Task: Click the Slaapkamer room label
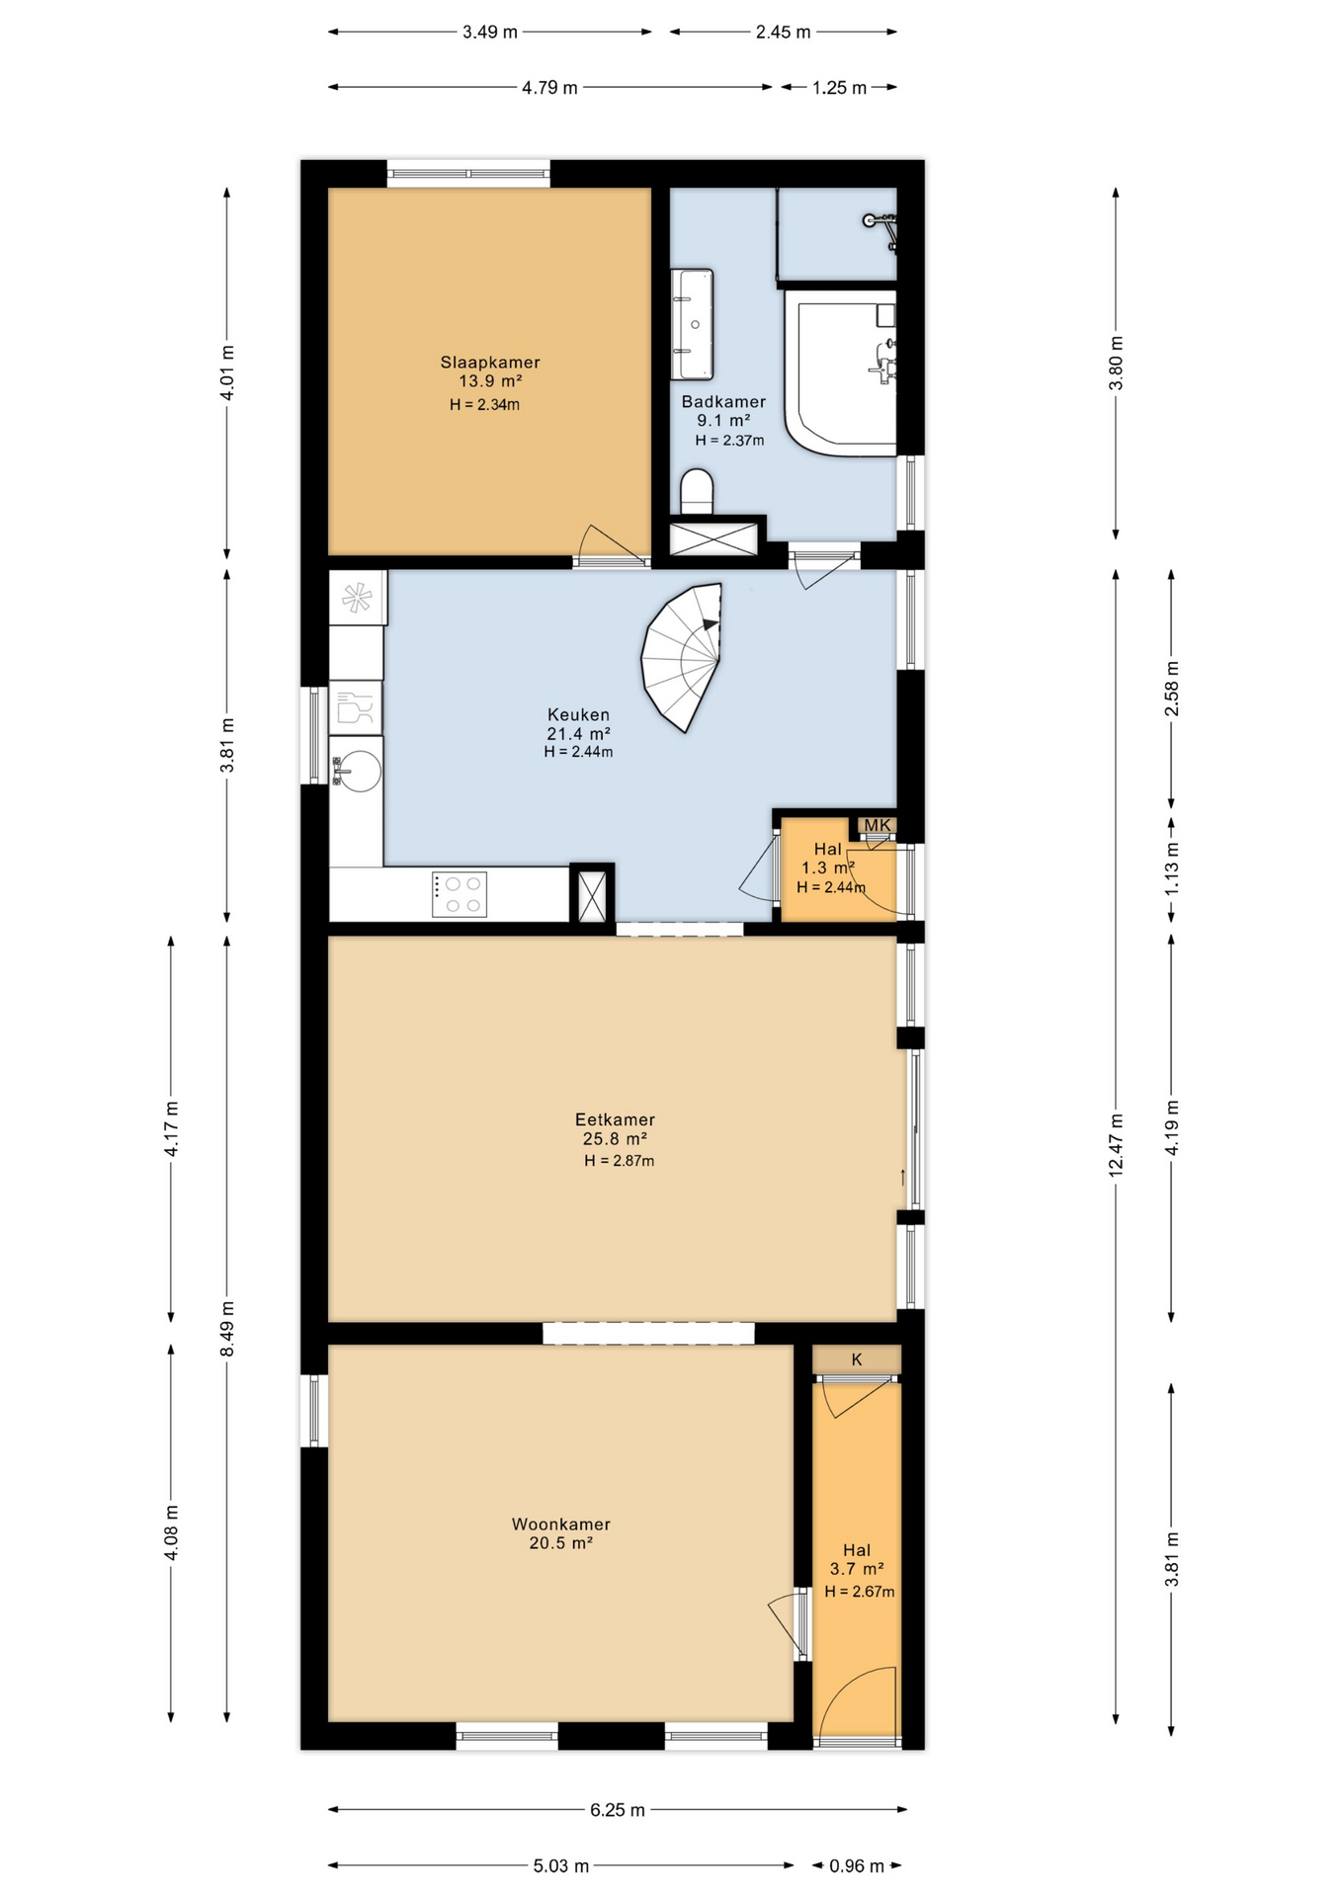[490, 363]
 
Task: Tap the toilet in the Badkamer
[697, 491]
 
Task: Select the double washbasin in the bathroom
[692, 324]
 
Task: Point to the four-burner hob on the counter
[460, 894]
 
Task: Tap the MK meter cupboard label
[878, 825]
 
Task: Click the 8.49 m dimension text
[227, 1329]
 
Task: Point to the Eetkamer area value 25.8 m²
[615, 1139]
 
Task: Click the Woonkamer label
[561, 1525]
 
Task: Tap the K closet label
[857, 1360]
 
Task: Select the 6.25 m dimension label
[618, 1810]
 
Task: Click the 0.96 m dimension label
[857, 1865]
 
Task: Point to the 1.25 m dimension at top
[839, 88]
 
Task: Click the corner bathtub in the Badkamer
[841, 372]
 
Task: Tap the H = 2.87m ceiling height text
[619, 1161]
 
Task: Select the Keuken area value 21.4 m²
[578, 733]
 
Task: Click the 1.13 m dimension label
[1172, 867]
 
